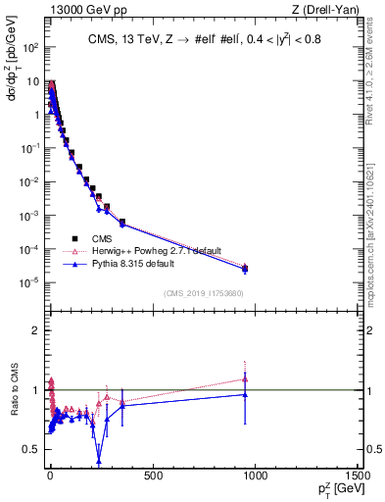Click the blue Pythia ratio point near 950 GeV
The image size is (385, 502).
(245, 394)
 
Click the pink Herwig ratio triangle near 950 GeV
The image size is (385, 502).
(245, 378)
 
